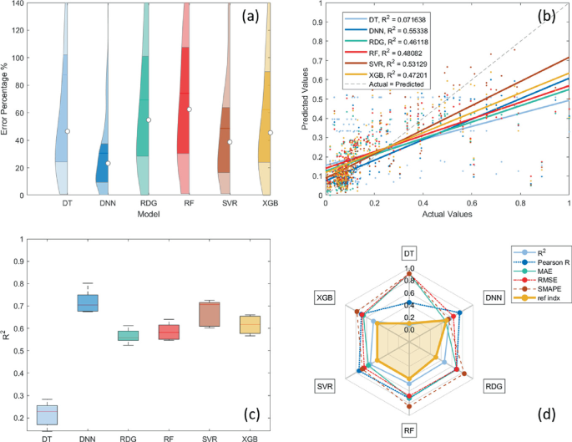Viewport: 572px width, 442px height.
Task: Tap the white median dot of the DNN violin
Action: tap(108, 163)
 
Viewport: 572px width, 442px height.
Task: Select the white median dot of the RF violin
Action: tap(189, 109)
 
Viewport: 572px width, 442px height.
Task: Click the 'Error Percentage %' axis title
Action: tap(7, 100)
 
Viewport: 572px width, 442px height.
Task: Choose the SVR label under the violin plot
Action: tap(229, 203)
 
